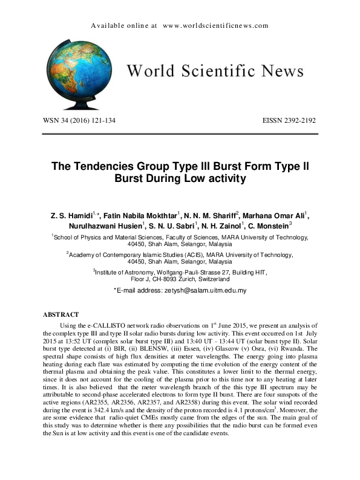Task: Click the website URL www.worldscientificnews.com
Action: (215, 26)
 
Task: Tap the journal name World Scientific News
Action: (215, 71)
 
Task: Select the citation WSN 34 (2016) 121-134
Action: (79, 120)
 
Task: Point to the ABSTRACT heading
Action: (61, 315)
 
